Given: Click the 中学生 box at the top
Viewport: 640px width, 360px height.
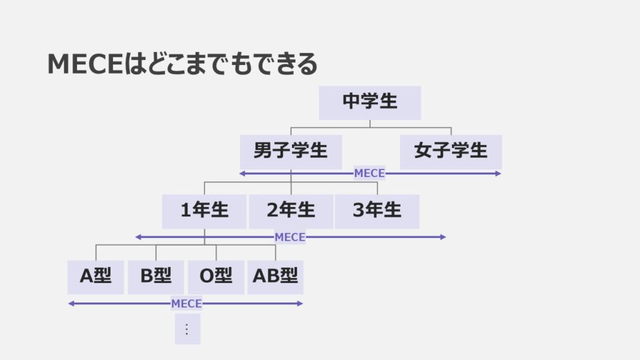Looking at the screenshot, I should pyautogui.click(x=369, y=102).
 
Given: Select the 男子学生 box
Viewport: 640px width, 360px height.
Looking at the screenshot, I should pyautogui.click(x=291, y=151).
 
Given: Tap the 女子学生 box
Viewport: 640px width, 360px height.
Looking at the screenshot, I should pyautogui.click(x=451, y=151).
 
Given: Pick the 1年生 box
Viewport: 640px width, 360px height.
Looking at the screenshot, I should pyautogui.click(x=204, y=211).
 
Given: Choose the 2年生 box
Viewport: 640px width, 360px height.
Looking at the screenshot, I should pyautogui.click(x=291, y=211).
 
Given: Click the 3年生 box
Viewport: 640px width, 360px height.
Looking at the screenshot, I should pyautogui.click(x=377, y=211).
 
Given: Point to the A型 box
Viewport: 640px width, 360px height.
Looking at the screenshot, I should pyautogui.click(x=96, y=277).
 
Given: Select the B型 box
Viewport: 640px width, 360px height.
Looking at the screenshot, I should pyautogui.click(x=156, y=277).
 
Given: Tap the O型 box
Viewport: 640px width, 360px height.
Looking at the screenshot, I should pyautogui.click(x=216, y=277).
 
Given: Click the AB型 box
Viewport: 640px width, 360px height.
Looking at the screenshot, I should pyautogui.click(x=276, y=277).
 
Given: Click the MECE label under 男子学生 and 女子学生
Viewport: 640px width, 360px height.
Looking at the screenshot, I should pyautogui.click(x=369, y=173).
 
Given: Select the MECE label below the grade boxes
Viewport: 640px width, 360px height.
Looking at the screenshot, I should pyautogui.click(x=290, y=237).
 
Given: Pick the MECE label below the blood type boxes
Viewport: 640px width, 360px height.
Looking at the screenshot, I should pyautogui.click(x=186, y=304).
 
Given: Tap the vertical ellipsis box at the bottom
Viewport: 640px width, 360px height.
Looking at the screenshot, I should pyautogui.click(x=187, y=329).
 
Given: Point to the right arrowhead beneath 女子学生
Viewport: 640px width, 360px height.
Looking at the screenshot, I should pyautogui.click(x=498, y=173).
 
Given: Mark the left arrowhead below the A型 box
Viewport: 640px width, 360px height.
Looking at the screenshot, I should pyautogui.click(x=71, y=304).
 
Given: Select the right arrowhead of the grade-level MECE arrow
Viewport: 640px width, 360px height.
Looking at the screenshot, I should pyautogui.click(x=443, y=237).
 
